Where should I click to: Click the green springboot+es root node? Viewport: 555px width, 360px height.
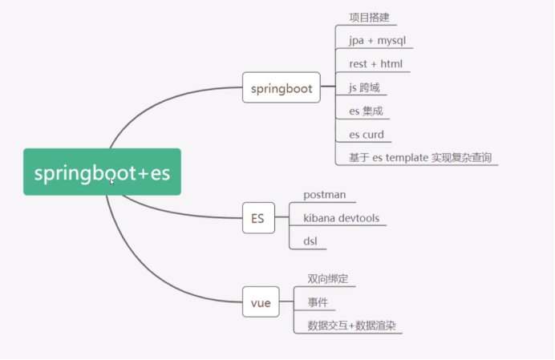(102, 172)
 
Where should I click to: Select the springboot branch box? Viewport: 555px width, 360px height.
(281, 88)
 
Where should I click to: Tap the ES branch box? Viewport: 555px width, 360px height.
(258, 216)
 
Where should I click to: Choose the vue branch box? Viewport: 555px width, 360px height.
(260, 303)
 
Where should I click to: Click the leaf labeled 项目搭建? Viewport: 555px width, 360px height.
(370, 17)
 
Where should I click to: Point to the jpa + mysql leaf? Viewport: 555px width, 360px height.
(380, 40)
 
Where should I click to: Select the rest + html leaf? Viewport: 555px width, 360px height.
(375, 63)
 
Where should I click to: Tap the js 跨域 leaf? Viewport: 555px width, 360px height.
(364, 87)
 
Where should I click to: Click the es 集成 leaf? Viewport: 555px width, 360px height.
(365, 111)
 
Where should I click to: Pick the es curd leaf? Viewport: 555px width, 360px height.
(366, 134)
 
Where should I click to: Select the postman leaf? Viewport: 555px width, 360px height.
(324, 195)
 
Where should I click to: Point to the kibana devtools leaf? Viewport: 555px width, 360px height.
(341, 218)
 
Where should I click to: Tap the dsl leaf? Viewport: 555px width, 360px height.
(311, 241)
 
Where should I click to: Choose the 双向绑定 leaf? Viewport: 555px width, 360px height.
(327, 279)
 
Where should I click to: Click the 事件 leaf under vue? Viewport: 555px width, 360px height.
(317, 302)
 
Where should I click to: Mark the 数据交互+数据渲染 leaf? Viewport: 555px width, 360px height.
(352, 326)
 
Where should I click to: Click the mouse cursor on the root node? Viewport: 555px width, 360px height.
(113, 182)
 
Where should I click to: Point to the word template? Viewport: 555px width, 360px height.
(410, 157)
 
